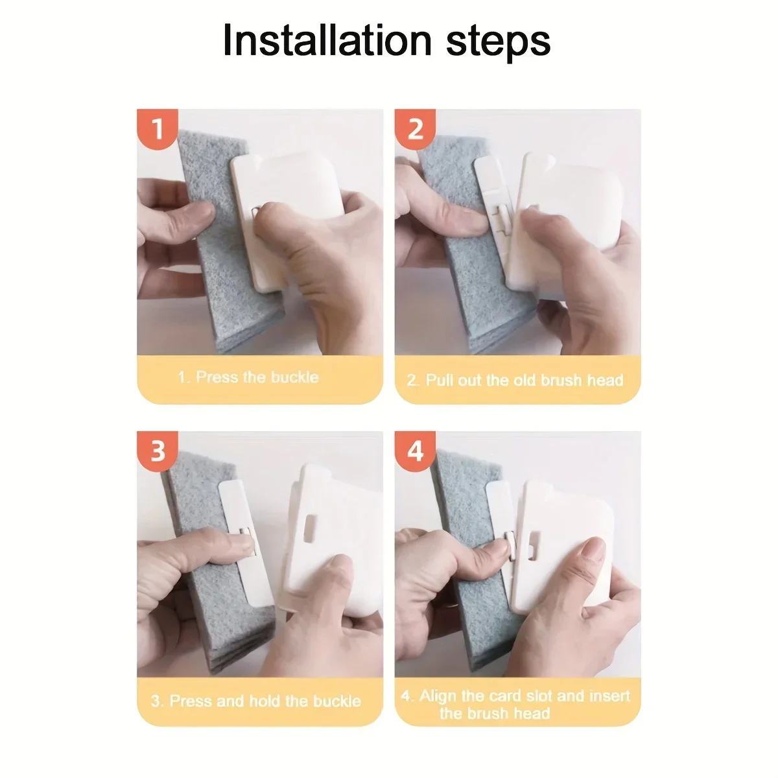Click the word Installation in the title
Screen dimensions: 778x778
(x=327, y=40)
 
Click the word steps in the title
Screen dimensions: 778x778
(x=498, y=43)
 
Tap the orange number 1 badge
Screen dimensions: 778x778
(x=157, y=129)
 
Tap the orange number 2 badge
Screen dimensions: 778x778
(x=415, y=129)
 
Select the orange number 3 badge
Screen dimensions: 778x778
(x=157, y=451)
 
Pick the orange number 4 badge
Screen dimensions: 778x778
(x=415, y=451)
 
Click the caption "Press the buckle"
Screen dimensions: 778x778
(x=257, y=377)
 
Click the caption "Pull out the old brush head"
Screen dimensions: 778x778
(x=525, y=380)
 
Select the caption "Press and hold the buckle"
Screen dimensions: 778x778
(x=265, y=701)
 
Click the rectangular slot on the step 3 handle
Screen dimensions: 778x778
(x=309, y=528)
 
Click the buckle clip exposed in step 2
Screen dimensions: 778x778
(x=503, y=220)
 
